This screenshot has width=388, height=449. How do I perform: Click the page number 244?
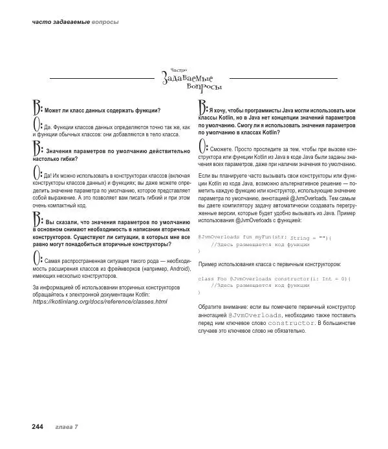pyautogui.click(x=32, y=427)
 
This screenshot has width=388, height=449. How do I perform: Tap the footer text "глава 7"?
pyautogui.click(x=66, y=427)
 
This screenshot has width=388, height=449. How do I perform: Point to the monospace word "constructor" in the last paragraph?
pyautogui.click(x=283, y=322)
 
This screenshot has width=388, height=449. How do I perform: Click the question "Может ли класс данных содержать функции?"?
pyautogui.click(x=102, y=110)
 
